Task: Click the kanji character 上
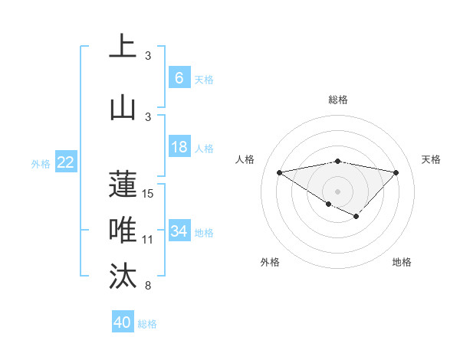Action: pyautogui.click(x=123, y=47)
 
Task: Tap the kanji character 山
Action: pyautogui.click(x=123, y=107)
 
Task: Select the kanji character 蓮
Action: pyautogui.click(x=123, y=184)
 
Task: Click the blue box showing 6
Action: pyautogui.click(x=179, y=77)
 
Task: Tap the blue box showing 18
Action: pyautogui.click(x=179, y=147)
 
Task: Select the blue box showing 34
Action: pyautogui.click(x=179, y=231)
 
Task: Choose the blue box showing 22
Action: pyautogui.click(x=66, y=162)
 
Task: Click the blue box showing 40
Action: pyautogui.click(x=123, y=322)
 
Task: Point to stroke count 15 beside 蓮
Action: pyautogui.click(x=148, y=194)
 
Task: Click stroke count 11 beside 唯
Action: pyautogui.click(x=148, y=240)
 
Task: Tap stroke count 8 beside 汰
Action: pyautogui.click(x=148, y=286)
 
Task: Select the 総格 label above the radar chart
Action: pyautogui.click(x=337, y=100)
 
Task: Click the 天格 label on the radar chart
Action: pyautogui.click(x=432, y=159)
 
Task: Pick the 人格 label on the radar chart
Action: pyautogui.click(x=245, y=159)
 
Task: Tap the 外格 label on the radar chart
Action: pyautogui.click(x=270, y=262)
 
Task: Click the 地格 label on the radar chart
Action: pyautogui.click(x=402, y=262)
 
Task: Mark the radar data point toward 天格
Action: pyautogui.click(x=396, y=172)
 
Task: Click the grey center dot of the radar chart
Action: pyautogui.click(x=337, y=191)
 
